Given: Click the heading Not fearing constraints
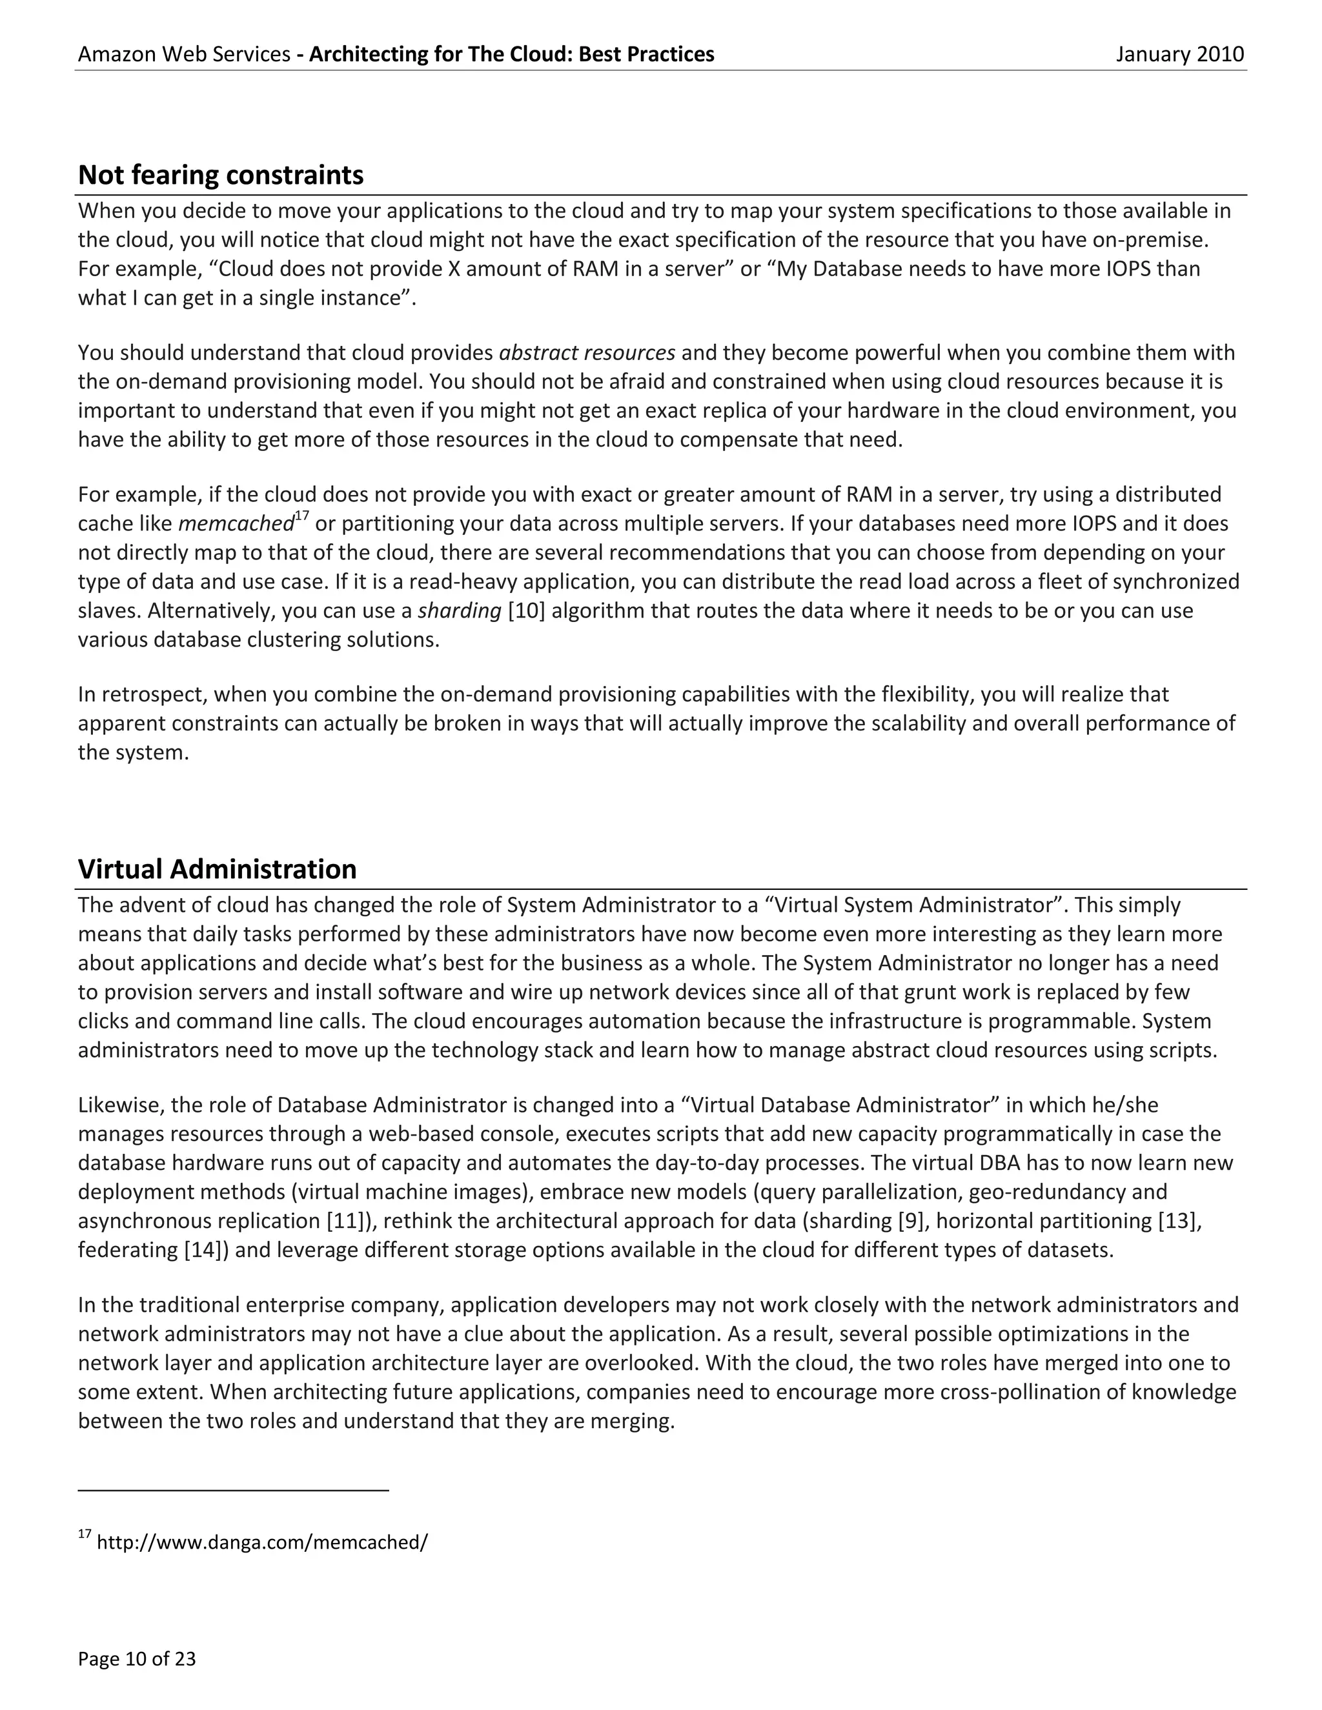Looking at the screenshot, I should tap(220, 175).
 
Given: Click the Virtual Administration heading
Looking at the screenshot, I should tap(217, 869).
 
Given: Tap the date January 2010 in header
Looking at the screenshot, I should tap(1179, 54).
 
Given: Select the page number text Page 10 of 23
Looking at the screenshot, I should tap(136, 1658).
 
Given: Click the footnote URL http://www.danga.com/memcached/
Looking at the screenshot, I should tap(261, 1542).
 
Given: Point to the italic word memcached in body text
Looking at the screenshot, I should tap(236, 524).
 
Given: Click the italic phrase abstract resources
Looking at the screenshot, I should tap(587, 353).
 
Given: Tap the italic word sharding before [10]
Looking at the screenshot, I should tap(460, 610).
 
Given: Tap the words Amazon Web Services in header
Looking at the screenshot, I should tap(184, 54).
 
